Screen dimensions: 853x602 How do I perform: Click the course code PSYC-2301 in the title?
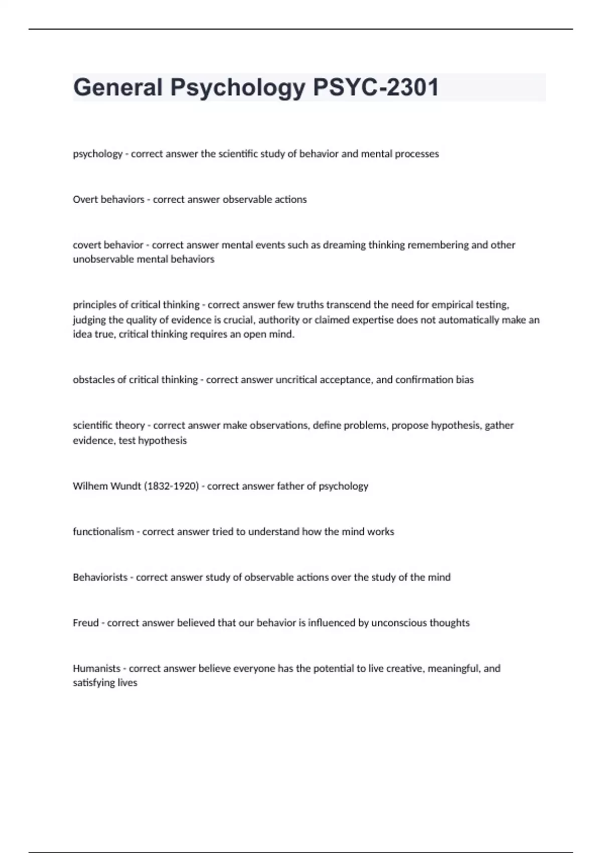click(376, 87)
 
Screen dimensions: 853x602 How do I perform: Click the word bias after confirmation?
click(465, 379)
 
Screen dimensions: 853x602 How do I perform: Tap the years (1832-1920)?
click(171, 486)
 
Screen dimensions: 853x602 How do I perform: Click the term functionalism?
click(103, 531)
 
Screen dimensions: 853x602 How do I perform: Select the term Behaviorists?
click(100, 577)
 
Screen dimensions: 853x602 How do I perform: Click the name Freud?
click(86, 623)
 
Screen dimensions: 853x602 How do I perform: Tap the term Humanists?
click(97, 668)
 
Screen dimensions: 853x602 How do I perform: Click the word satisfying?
click(94, 682)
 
